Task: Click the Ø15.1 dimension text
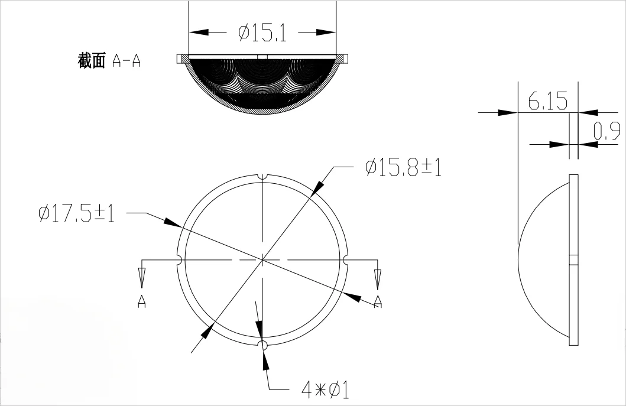pos(262,33)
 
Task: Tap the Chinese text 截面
pos(91,61)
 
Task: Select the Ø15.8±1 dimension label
pos(403,168)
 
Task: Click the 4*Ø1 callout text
pos(326,390)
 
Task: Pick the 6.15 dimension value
pos(548,102)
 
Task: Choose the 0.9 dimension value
pos(606,131)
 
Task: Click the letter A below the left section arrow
pos(142,301)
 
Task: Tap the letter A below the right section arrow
pos(378,301)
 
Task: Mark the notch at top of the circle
pos(262,177)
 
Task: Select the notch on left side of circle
pos(179,260)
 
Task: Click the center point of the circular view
pos(262,260)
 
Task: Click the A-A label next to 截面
pos(126,61)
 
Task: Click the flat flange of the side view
pos(573,260)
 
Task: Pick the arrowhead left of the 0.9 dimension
pos(559,144)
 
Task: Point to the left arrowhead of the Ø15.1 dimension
pos(199,33)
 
